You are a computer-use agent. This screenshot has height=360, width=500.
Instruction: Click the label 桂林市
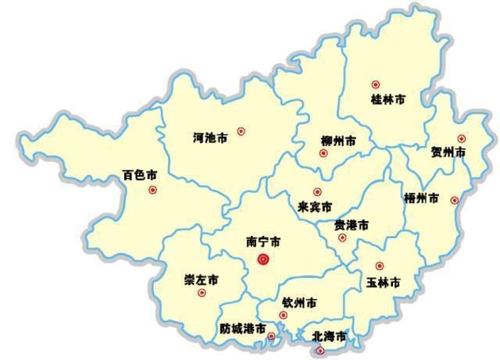pyautogui.click(x=387, y=100)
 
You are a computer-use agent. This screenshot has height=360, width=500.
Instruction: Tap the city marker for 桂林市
pyautogui.click(x=376, y=84)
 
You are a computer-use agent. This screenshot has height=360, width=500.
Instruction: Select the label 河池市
pyautogui.click(x=210, y=138)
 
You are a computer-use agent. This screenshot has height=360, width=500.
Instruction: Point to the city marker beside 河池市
pyautogui.click(x=241, y=131)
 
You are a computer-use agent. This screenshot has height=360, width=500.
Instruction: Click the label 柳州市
pyautogui.click(x=338, y=141)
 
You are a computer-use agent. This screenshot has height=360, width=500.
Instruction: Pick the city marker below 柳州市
pyautogui.click(x=323, y=153)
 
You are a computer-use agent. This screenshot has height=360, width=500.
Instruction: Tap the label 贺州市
pyautogui.click(x=448, y=152)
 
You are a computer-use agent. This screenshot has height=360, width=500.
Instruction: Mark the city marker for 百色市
pyautogui.click(x=152, y=190)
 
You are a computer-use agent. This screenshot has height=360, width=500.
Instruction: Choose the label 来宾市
pyautogui.click(x=315, y=208)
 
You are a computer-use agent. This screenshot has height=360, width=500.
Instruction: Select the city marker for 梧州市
pyautogui.click(x=455, y=201)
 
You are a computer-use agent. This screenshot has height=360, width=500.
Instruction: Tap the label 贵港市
pyautogui.click(x=351, y=225)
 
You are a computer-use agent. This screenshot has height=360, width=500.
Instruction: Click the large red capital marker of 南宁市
pyautogui.click(x=263, y=259)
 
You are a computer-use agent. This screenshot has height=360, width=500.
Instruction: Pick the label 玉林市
pyautogui.click(x=383, y=282)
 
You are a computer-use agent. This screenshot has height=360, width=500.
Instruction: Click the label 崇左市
pyautogui.click(x=201, y=280)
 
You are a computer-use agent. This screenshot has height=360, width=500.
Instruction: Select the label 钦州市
pyautogui.click(x=299, y=302)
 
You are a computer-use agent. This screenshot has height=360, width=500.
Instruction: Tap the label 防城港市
pyautogui.click(x=242, y=329)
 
